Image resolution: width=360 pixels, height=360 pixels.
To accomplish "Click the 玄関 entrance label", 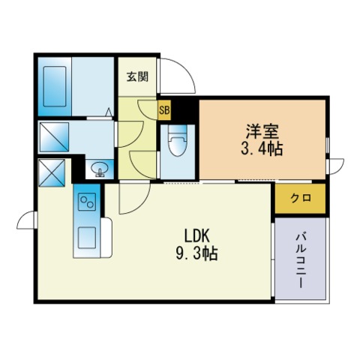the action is coord(137,76).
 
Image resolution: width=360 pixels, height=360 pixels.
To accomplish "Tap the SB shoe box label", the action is coord(164,110).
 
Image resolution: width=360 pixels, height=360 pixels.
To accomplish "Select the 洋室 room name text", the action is coord(262,131).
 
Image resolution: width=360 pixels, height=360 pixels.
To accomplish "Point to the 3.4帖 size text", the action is coord(262,149).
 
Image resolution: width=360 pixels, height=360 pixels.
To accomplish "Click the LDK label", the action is coord(196,236).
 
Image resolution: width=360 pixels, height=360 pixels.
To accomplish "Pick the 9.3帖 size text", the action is coord(196,253).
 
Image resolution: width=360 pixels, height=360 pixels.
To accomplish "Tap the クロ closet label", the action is coord(301,198).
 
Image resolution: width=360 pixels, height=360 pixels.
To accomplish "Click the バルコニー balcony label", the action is coord(301,260).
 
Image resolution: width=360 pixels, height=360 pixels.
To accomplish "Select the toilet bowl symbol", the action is coord(178,140).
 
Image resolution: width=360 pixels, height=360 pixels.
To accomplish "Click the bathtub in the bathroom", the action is coord(55,86).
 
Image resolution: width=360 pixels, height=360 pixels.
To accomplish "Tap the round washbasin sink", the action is coord(100,169).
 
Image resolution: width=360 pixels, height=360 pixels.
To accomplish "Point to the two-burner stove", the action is coord(87,202).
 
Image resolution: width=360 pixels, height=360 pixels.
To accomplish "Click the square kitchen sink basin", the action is coord(87,238).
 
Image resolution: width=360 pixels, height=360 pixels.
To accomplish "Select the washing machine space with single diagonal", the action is coord(54,137).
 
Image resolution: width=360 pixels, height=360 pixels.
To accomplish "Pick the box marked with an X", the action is coord(52,172).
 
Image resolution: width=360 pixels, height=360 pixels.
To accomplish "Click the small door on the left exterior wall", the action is coord(27,220).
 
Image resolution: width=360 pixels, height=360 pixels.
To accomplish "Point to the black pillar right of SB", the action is coord(185,110).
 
